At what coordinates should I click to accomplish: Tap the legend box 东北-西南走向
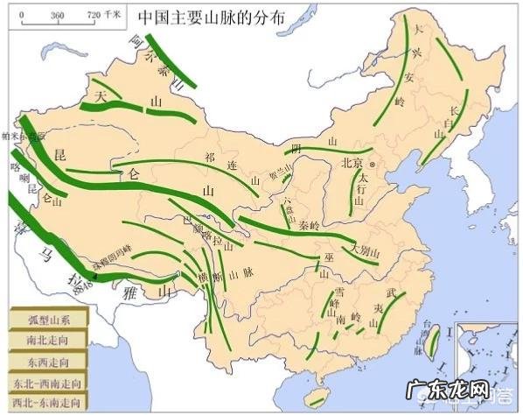pos(48,383)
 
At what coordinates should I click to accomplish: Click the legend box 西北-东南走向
pos(48,404)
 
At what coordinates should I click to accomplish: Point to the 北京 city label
pos(352,162)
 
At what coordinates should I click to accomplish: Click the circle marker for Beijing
pos(372,163)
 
